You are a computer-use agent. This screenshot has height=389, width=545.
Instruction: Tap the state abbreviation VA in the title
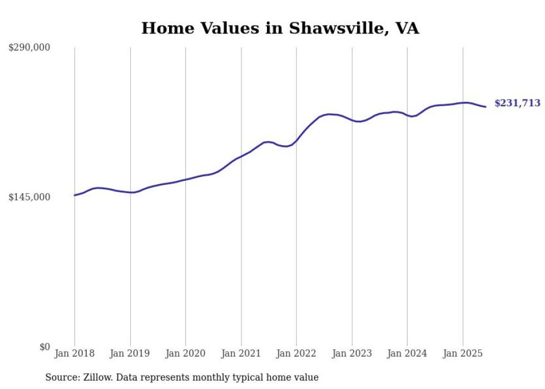[407, 28]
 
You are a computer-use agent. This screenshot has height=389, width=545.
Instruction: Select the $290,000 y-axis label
[29, 48]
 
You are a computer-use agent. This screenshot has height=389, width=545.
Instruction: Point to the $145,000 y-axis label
[29, 198]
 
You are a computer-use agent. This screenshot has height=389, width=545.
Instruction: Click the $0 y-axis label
[44, 347]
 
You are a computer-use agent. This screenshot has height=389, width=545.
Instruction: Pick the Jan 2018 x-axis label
[75, 353]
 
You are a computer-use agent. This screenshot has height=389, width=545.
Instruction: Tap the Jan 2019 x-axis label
[130, 353]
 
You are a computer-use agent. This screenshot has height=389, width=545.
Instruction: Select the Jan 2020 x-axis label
[186, 353]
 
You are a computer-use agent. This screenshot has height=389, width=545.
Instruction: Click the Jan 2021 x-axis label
[241, 353]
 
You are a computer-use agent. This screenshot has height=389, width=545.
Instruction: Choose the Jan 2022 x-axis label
[296, 353]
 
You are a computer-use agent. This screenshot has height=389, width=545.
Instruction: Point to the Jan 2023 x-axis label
[351, 353]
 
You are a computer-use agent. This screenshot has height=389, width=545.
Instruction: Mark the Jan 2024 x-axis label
[407, 353]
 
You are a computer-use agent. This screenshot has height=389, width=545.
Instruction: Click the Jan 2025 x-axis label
[463, 353]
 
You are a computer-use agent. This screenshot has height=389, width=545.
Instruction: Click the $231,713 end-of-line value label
[517, 103]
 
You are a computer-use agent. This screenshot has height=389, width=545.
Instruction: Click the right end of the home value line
[485, 107]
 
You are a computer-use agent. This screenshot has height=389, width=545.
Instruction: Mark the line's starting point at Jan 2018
[75, 195]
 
